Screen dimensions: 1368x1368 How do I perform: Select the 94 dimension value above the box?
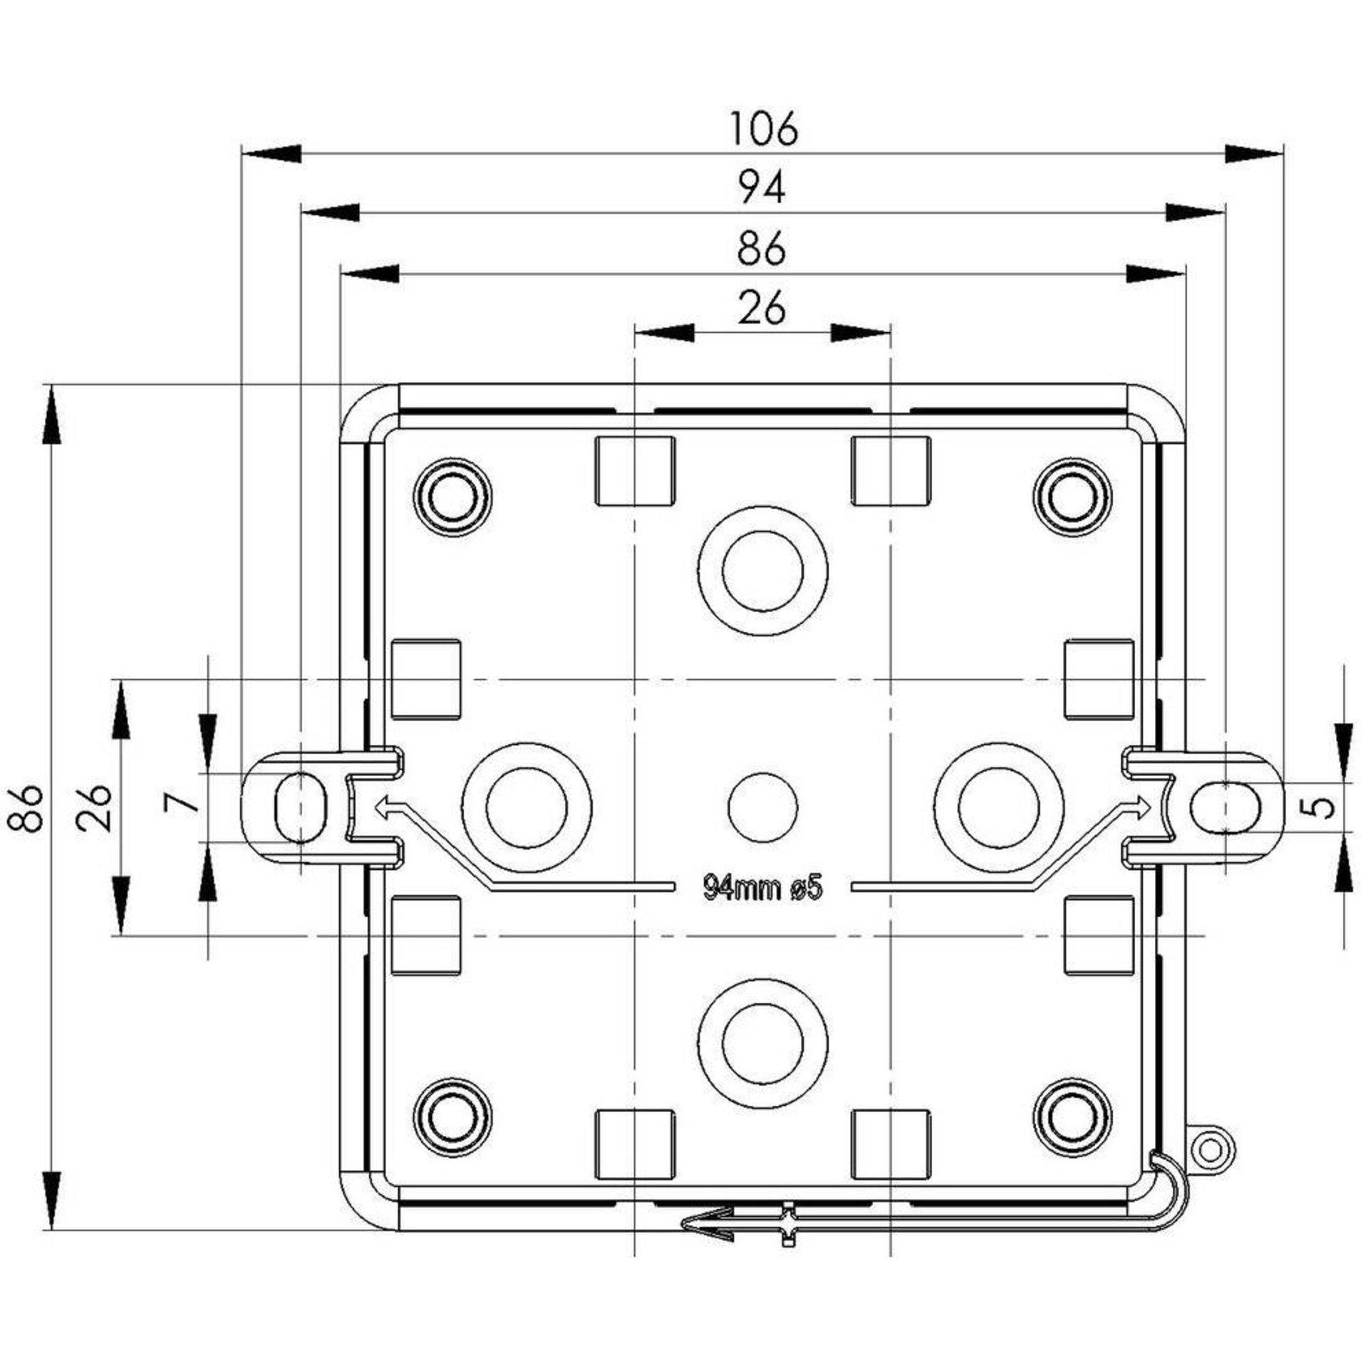[x=762, y=190]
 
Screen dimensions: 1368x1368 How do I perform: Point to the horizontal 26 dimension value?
[x=762, y=309]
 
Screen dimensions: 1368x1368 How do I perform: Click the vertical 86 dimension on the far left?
[x=26, y=808]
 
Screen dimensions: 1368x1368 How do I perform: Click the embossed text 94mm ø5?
[x=763, y=888]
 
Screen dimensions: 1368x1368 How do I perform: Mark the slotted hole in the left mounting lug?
[x=301, y=807]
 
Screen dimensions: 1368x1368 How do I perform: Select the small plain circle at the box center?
[x=762, y=807]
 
